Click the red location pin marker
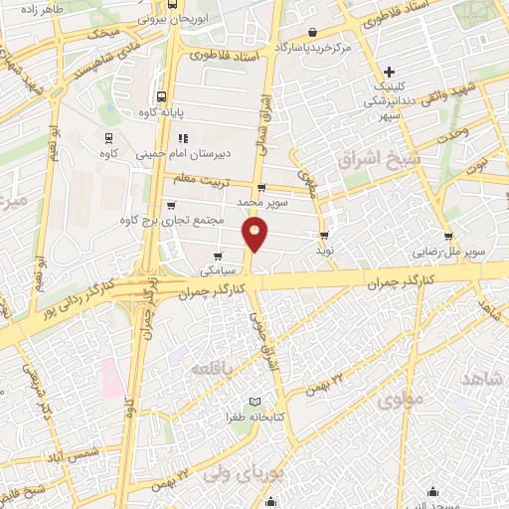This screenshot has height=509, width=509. pyautogui.click(x=255, y=235)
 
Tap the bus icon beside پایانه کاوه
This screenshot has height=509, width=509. pyautogui.click(x=160, y=98)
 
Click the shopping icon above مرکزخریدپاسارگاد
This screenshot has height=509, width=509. pyautogui.click(x=313, y=32)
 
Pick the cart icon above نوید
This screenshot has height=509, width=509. pyautogui.click(x=324, y=236)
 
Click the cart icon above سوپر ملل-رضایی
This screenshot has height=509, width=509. pyautogui.click(x=449, y=237)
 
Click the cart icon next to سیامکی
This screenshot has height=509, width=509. pyautogui.click(x=217, y=254)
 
